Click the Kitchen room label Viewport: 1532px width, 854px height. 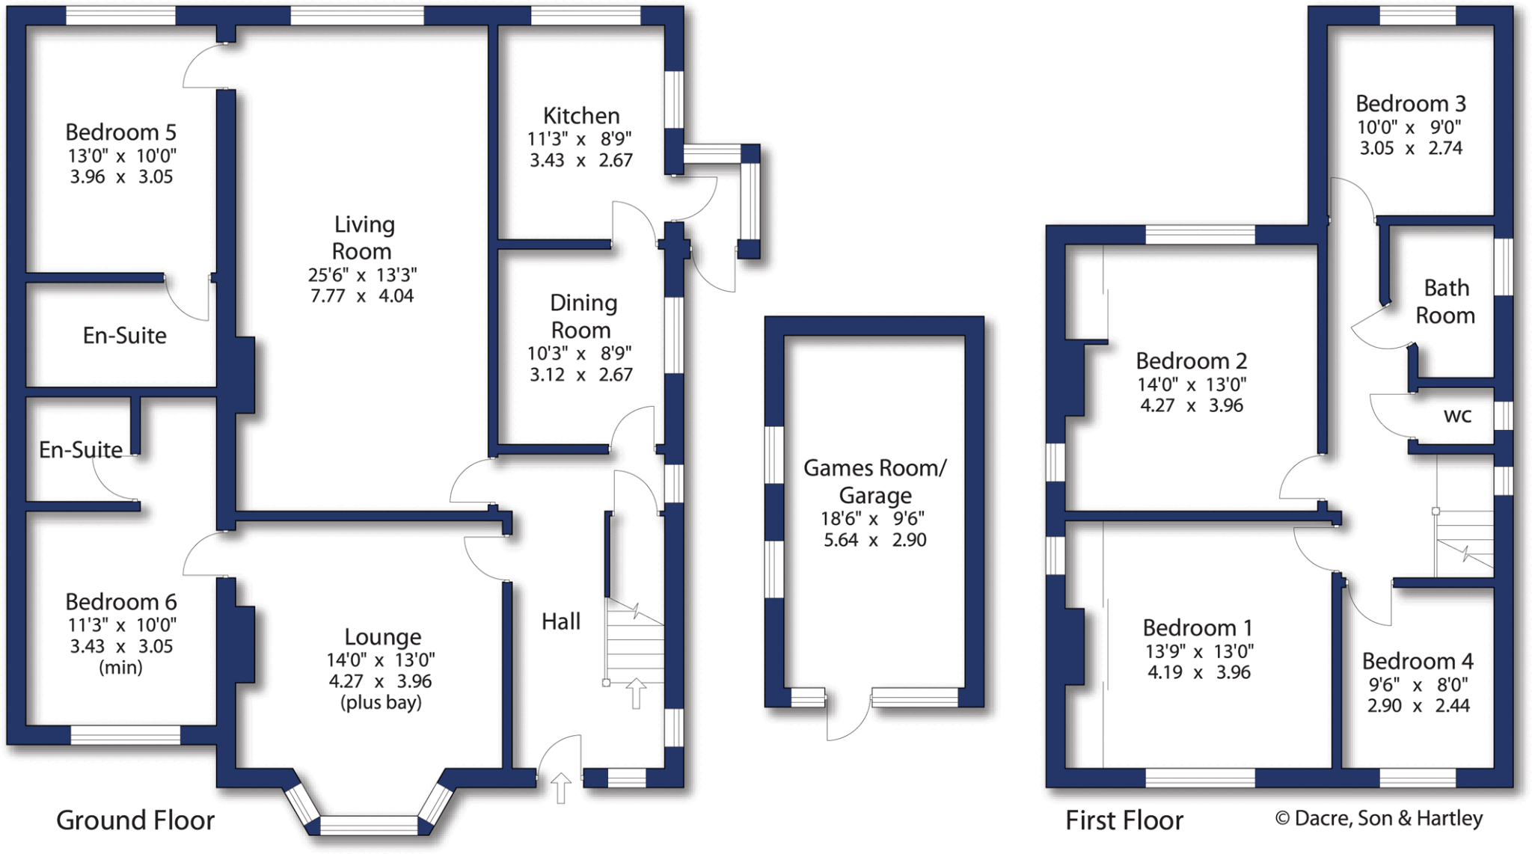click(581, 116)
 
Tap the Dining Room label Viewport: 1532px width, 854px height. click(582, 316)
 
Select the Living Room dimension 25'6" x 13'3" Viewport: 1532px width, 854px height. click(362, 275)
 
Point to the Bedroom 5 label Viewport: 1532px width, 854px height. click(120, 132)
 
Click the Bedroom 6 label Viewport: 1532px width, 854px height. click(120, 602)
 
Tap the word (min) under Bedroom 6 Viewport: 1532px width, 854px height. click(120, 667)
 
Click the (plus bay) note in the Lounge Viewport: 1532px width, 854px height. click(381, 702)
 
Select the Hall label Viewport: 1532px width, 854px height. click(560, 621)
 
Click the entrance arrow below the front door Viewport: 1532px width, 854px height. click(561, 788)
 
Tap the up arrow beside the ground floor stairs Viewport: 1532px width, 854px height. click(636, 692)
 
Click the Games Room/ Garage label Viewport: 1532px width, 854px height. click(874, 482)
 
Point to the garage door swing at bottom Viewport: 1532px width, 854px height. click(849, 722)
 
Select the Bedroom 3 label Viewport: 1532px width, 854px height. click(1410, 104)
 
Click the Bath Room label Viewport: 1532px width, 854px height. click(1445, 301)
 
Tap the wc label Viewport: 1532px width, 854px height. click(1457, 416)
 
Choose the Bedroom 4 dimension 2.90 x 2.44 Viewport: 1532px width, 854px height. click(1418, 705)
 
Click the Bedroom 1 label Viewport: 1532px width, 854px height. click(1197, 628)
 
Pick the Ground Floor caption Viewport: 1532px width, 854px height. click(135, 820)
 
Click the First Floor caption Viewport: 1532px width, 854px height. click(1124, 820)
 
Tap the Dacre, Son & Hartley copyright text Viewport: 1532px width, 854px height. click(1379, 818)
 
